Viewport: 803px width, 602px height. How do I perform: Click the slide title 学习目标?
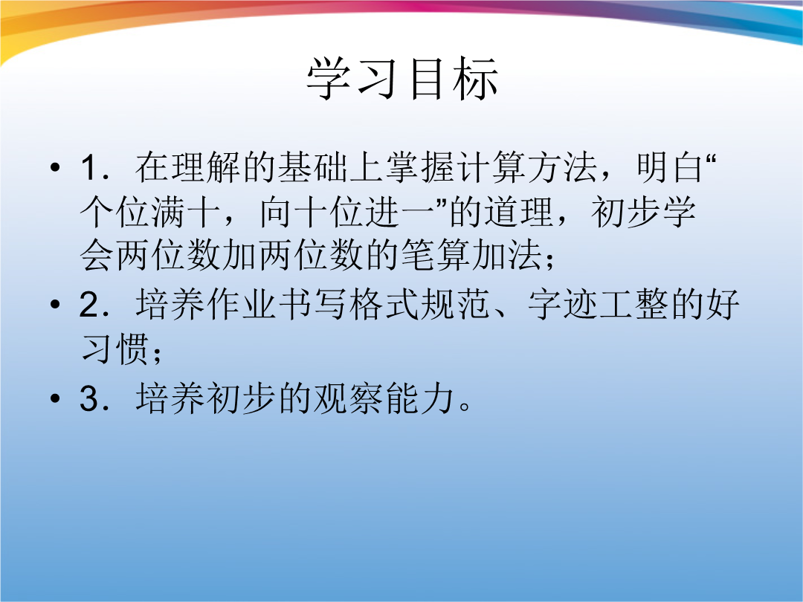click(402, 78)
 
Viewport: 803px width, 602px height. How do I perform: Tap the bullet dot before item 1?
click(55, 167)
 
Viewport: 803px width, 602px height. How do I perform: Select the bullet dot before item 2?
click(55, 305)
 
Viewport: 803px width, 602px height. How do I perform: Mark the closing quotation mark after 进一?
click(442, 203)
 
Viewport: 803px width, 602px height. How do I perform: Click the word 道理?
click(519, 212)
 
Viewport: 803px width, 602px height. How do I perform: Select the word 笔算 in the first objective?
click(436, 255)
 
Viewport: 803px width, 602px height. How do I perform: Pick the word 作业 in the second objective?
click(242, 305)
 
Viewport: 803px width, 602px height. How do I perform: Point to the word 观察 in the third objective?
click(348, 398)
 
